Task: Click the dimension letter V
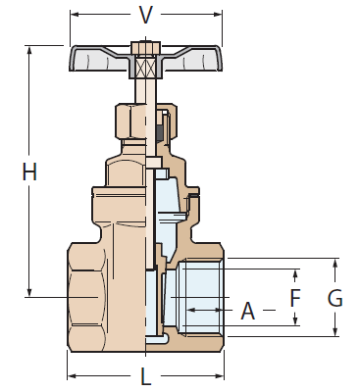pos(146,14)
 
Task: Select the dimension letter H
pos(29,171)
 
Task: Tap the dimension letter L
pos(145,377)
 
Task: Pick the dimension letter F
pos(295,297)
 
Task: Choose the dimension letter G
pos(335,298)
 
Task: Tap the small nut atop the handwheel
pos(145,47)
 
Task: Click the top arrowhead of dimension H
pos(29,49)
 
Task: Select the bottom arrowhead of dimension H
pos(29,291)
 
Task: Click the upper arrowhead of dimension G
pos(335,263)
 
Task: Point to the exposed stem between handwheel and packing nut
pos(145,93)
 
